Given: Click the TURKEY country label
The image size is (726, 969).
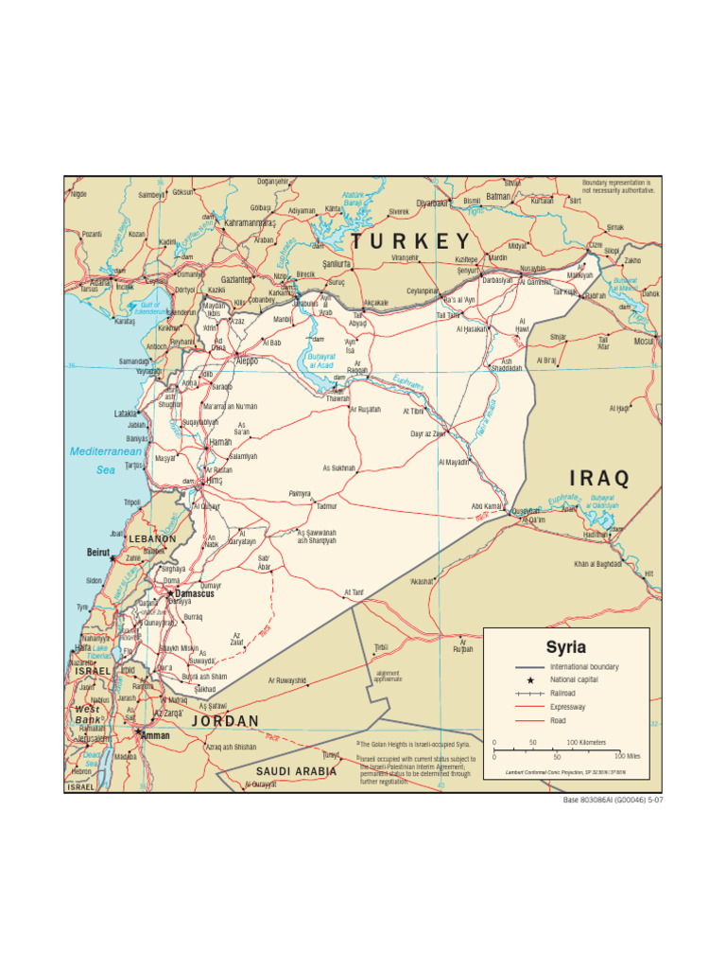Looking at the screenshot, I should click(410, 240).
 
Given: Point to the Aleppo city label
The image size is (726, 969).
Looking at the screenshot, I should click(246, 361).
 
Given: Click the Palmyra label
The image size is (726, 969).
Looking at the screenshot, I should click(299, 494).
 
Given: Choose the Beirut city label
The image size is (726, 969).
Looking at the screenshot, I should click(98, 552).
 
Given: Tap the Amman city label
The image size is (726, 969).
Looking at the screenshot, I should click(155, 734).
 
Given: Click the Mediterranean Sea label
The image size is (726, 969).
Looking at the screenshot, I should click(104, 460).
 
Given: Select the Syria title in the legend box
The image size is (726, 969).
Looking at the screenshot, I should click(565, 647).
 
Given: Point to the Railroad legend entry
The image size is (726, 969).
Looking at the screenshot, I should click(562, 693).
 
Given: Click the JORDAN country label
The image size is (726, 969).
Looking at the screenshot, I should click(225, 721).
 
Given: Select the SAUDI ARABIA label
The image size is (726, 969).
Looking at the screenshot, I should click(296, 771).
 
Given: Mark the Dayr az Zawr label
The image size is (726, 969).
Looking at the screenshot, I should click(427, 433).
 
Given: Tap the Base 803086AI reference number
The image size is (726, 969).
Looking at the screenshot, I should click(613, 800).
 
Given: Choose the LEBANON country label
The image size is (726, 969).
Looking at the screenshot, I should click(151, 538).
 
